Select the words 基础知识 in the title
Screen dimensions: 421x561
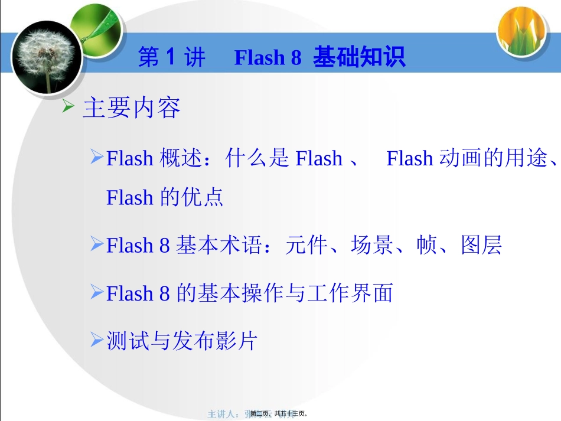(x=359, y=58)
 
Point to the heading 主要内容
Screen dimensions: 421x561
(x=132, y=108)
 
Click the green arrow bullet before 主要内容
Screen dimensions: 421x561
(x=69, y=107)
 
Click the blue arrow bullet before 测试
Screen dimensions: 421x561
(x=97, y=340)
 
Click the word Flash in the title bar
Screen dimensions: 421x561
(x=260, y=58)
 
